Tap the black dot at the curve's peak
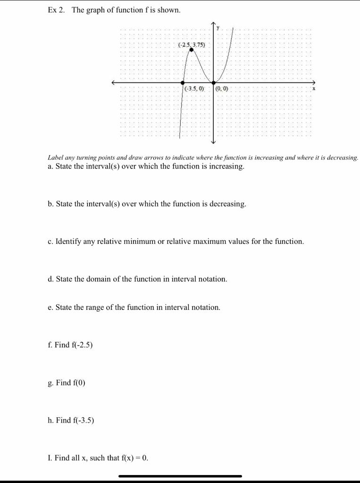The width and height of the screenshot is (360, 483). click(x=191, y=50)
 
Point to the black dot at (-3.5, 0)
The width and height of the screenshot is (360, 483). click(x=183, y=83)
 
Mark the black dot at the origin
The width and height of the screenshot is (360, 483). click(x=213, y=83)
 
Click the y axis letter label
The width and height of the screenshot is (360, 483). click(x=218, y=28)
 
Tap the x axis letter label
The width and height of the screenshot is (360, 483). click(x=313, y=89)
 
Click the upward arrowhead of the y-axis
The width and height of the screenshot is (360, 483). click(x=213, y=24)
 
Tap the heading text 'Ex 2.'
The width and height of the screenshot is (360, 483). click(x=56, y=10)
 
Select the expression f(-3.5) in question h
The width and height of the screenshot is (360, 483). click(x=83, y=420)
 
